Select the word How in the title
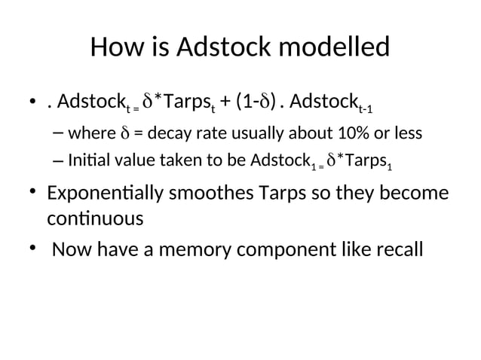point(115,49)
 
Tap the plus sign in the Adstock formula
point(225,101)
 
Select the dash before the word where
point(59,135)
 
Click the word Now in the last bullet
point(71,249)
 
